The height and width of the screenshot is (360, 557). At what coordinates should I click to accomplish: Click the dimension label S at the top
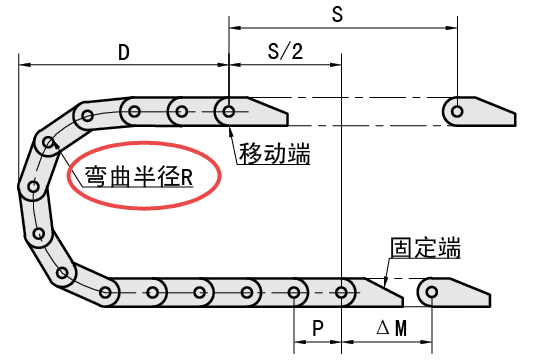point(337,14)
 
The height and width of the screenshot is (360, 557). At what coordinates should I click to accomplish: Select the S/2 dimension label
point(286,52)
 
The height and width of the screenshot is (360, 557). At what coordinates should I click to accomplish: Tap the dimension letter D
point(123,52)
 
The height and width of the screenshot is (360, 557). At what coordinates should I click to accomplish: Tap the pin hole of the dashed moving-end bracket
point(456,110)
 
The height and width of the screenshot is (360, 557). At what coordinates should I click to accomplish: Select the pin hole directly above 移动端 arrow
point(230,109)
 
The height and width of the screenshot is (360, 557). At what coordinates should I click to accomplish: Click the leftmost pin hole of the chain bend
point(33,187)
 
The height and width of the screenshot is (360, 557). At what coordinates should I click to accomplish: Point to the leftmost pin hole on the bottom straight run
point(106,292)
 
